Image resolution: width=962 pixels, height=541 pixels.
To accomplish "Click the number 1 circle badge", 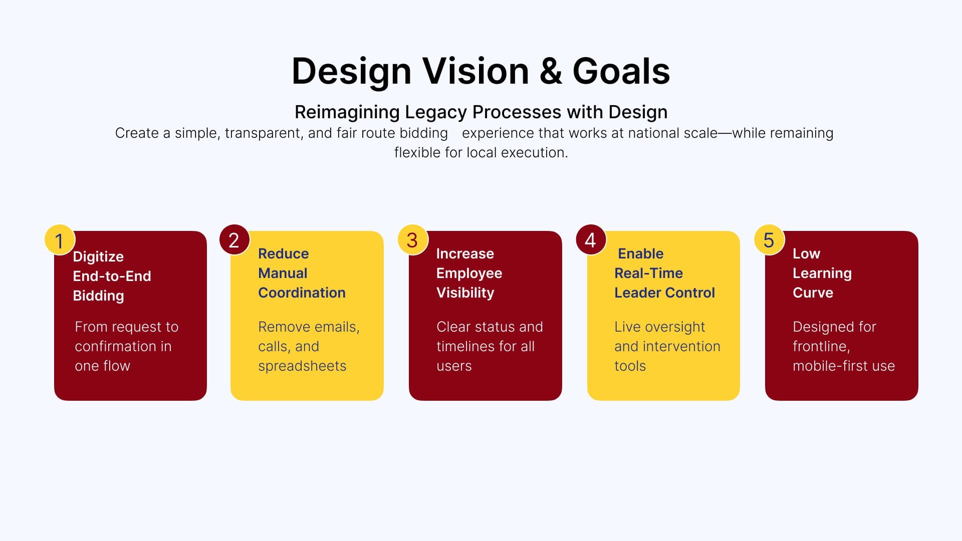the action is [x=60, y=240].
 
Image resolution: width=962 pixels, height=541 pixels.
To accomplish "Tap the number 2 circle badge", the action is [x=234, y=240].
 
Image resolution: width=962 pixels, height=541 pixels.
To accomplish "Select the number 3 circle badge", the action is [x=412, y=240].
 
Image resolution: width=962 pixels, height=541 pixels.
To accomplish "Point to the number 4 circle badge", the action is [x=591, y=240].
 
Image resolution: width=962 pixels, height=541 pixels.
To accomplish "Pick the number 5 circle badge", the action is [x=769, y=240].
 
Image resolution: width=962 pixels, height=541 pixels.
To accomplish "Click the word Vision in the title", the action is [x=475, y=71].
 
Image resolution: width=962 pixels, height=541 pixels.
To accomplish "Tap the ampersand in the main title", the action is [x=551, y=71].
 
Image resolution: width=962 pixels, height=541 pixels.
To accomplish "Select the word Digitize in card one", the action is [x=98, y=256].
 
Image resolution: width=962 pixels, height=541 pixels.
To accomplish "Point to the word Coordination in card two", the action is [x=302, y=293].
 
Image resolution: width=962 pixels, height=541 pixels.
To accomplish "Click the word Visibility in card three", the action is [x=465, y=293].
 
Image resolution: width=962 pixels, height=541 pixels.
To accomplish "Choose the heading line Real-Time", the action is [x=648, y=273].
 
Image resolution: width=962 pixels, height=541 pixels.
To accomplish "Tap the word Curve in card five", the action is [x=813, y=293].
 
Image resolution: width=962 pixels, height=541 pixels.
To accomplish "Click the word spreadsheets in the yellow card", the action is [x=302, y=366].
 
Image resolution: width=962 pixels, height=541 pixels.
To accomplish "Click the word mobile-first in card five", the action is [x=821, y=366].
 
